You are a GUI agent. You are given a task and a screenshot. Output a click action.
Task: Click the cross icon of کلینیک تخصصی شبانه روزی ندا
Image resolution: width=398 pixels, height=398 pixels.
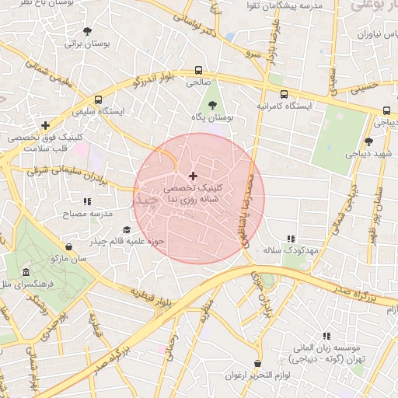coord(194,176)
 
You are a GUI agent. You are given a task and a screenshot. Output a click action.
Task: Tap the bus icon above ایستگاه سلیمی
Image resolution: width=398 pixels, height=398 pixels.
coord(98,99)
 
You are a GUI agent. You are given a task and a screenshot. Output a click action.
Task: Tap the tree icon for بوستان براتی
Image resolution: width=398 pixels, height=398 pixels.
coord(88,33)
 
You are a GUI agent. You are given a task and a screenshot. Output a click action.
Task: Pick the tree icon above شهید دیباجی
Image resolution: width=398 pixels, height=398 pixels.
coord(368,141)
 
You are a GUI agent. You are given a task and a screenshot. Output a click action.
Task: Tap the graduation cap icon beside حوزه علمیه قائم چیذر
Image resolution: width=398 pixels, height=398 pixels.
coord(127,230)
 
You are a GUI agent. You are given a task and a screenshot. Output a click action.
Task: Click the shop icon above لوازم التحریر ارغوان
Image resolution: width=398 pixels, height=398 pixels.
coord(257,364)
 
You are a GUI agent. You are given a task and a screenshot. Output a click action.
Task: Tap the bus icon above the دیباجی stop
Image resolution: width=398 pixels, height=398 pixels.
coord(386,110)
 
